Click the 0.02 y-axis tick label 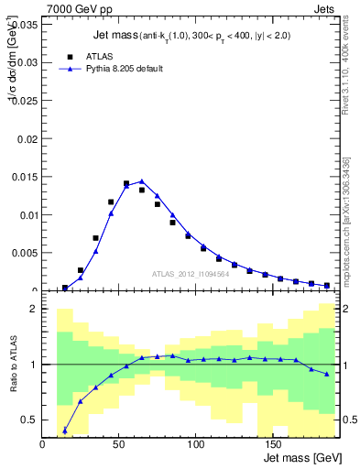[x=27, y=139]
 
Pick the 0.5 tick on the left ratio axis [x=28, y=420]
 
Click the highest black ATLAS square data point [x=126, y=184]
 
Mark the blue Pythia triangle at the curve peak [x=141, y=181]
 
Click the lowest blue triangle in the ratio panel [x=65, y=430]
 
